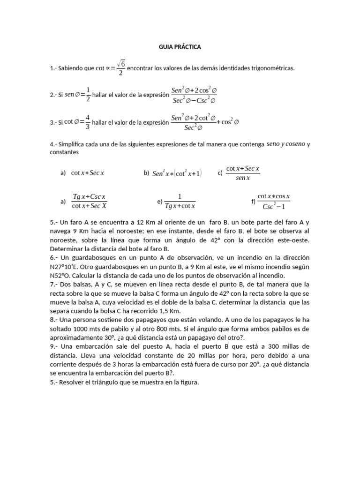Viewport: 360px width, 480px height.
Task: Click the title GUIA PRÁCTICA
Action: [180, 47]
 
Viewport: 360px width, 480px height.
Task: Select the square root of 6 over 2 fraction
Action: [121, 68]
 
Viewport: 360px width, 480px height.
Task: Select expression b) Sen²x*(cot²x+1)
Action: [177, 173]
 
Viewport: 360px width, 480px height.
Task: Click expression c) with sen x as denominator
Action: [243, 173]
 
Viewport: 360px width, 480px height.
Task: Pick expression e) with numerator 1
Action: [180, 202]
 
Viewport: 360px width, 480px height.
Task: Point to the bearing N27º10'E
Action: [66, 267]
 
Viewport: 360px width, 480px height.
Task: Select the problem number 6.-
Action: [54, 258]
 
